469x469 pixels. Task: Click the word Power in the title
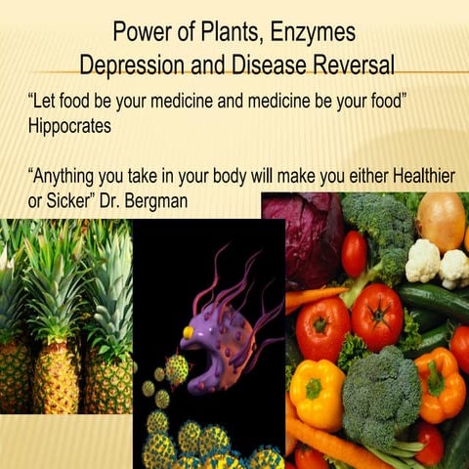click(140, 31)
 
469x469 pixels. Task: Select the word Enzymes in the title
click(312, 31)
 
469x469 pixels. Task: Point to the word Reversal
click(347, 65)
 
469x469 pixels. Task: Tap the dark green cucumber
click(430, 302)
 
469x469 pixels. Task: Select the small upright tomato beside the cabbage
click(354, 253)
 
